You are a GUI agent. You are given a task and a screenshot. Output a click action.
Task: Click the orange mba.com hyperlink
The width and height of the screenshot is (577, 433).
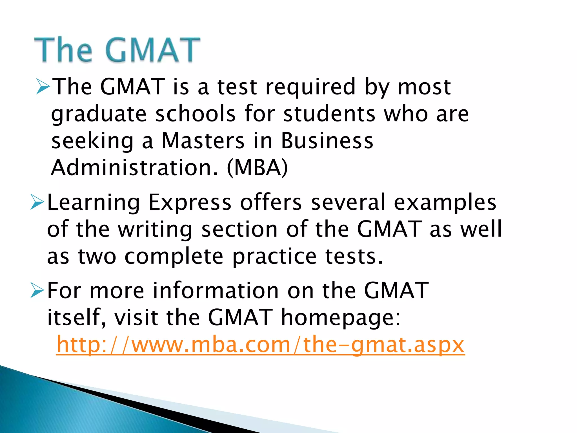coord(260,345)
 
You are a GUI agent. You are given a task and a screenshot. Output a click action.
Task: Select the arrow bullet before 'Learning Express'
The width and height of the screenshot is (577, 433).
coord(37,202)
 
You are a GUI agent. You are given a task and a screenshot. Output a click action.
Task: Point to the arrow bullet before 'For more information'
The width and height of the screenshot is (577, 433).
coord(37,291)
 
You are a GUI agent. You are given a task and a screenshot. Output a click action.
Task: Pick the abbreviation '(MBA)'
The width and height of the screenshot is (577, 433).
coord(257,168)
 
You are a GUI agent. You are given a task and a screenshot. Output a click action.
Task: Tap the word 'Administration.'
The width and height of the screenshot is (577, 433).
coord(135,168)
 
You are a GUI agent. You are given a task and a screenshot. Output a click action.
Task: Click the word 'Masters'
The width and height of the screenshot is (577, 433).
coord(203,141)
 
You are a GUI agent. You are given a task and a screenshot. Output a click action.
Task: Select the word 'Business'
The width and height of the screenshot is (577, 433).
coord(327,141)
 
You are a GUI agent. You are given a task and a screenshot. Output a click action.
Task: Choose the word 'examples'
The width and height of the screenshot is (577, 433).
coord(445,203)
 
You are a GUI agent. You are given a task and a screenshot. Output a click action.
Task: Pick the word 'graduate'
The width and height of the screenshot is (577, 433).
coord(99,114)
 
